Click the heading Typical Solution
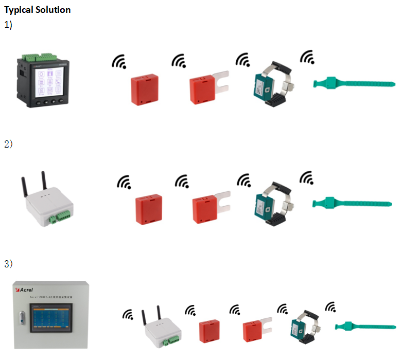[x=37, y=10]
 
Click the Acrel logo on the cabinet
[x=26, y=290]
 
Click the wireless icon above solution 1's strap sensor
[x=307, y=57]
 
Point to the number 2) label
[x=8, y=144]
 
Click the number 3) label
[x=8, y=264]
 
